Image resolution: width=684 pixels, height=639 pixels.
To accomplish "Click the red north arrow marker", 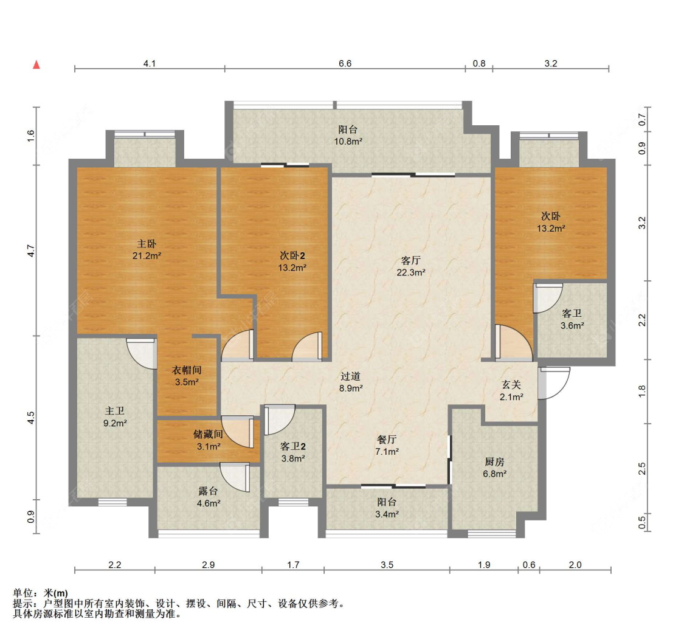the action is pyautogui.click(x=36, y=64).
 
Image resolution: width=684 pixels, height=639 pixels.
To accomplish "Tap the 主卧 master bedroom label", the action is pyautogui.click(x=147, y=243).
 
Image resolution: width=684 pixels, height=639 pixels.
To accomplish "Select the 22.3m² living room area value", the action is pyautogui.click(x=411, y=272).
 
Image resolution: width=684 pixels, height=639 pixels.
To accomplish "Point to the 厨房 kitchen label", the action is pyautogui.click(x=494, y=461).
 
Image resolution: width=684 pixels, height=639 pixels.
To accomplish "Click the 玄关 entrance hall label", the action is pyautogui.click(x=511, y=384).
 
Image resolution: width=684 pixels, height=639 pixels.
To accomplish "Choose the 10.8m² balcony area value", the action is pyautogui.click(x=348, y=141).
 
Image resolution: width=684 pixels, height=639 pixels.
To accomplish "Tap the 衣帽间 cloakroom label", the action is pyautogui.click(x=187, y=370).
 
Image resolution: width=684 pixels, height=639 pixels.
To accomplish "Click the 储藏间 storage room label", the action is pyautogui.click(x=208, y=434).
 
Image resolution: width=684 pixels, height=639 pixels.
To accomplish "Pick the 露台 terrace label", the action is pyautogui.click(x=208, y=491).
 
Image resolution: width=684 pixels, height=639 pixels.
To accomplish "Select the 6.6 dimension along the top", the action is pyautogui.click(x=345, y=64).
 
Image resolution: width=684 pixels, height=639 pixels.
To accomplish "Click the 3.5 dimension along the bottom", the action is pyautogui.click(x=387, y=565).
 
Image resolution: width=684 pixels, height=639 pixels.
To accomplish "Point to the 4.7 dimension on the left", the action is pyautogui.click(x=30, y=250).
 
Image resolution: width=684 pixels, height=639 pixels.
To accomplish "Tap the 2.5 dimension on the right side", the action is pyautogui.click(x=641, y=469).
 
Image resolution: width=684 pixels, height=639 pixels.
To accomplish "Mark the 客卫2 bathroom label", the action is pyautogui.click(x=292, y=446).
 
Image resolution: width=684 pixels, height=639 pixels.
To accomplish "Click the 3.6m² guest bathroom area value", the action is pyautogui.click(x=572, y=326).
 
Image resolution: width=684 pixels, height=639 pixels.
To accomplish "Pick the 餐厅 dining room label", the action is pyautogui.click(x=387, y=439).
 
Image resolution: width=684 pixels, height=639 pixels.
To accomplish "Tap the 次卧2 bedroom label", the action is pyautogui.click(x=292, y=255).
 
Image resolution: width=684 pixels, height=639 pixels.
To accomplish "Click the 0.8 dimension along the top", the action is pyautogui.click(x=479, y=64).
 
